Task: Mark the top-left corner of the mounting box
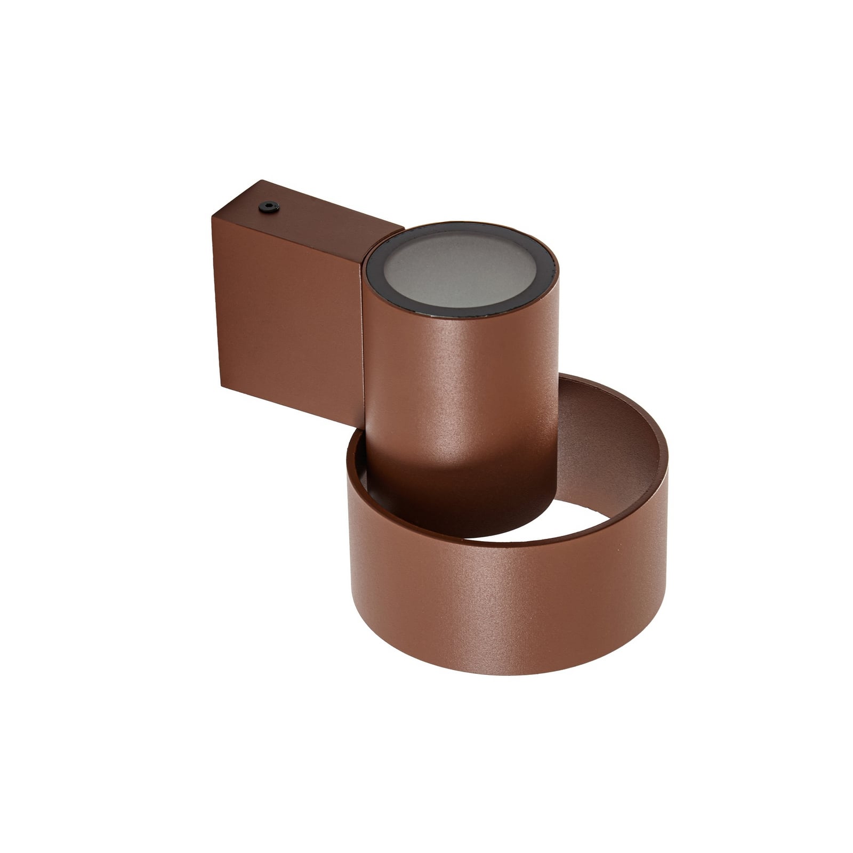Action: [212, 216]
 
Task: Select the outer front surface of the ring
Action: [506, 602]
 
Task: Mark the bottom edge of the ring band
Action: [506, 673]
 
